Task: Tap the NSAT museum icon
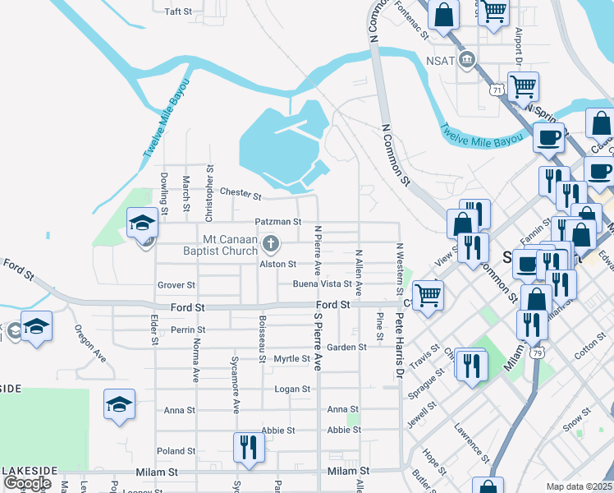tap(468, 59)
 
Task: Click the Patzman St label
tap(278, 222)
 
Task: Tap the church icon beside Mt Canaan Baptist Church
tap(271, 243)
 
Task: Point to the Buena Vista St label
tap(322, 284)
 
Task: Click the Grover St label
tap(176, 285)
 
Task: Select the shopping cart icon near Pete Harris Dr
tap(428, 294)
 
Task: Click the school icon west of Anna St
tap(120, 404)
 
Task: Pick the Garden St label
tap(346, 348)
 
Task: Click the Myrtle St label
tap(291, 359)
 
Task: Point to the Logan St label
tap(292, 389)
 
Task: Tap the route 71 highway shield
tap(497, 90)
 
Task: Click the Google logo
tap(27, 483)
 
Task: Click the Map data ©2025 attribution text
tap(579, 486)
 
